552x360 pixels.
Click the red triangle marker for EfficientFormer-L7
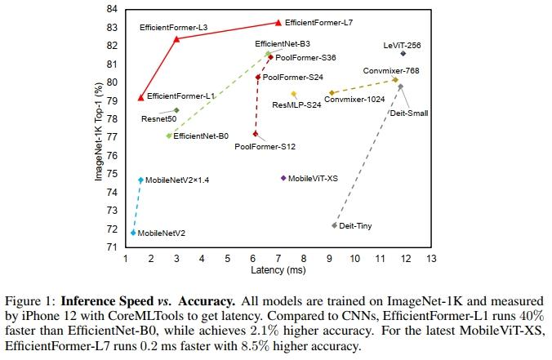278,23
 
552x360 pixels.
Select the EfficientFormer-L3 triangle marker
176,39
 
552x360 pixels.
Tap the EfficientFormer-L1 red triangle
140,98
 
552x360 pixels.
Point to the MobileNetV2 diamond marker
132,233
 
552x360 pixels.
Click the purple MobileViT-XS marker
283,178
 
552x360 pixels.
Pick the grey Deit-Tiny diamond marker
334,225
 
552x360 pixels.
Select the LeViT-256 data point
403,54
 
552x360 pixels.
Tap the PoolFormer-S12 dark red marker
256,134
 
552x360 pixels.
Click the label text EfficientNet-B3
283,43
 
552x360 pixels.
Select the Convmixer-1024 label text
354,100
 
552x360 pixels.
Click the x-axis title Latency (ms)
278,269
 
